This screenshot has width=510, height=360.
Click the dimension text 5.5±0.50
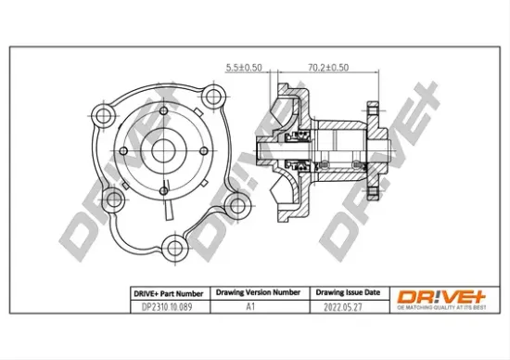(x=244, y=67)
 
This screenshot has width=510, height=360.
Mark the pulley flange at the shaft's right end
(x=372, y=148)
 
